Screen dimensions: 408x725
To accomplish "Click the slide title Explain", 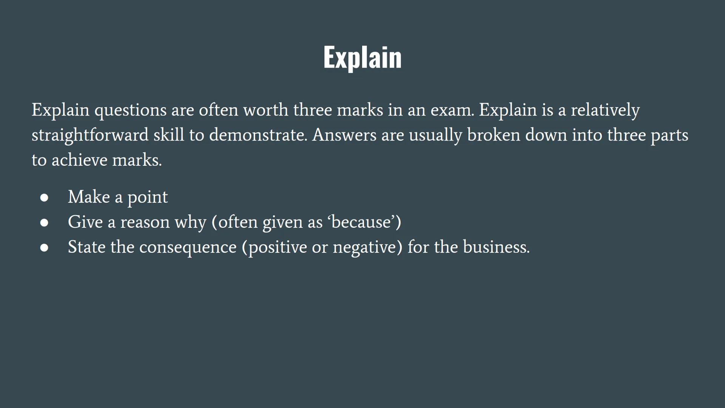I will [362, 58].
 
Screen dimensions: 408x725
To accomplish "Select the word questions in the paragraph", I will [130, 110].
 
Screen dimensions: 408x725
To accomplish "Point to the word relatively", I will [605, 110].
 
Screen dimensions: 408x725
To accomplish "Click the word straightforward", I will [90, 135].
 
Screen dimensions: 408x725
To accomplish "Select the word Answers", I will [344, 135].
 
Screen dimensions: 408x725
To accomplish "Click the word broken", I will [494, 135].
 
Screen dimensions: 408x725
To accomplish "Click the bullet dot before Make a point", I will [44, 198].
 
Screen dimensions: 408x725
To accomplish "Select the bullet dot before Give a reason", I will [44, 223].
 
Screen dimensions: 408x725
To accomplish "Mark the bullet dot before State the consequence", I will [44, 247].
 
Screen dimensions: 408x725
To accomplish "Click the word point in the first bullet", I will [148, 198].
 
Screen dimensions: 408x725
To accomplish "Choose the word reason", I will [145, 222].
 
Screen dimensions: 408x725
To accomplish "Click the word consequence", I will [188, 247].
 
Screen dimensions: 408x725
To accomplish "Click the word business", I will [496, 247].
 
